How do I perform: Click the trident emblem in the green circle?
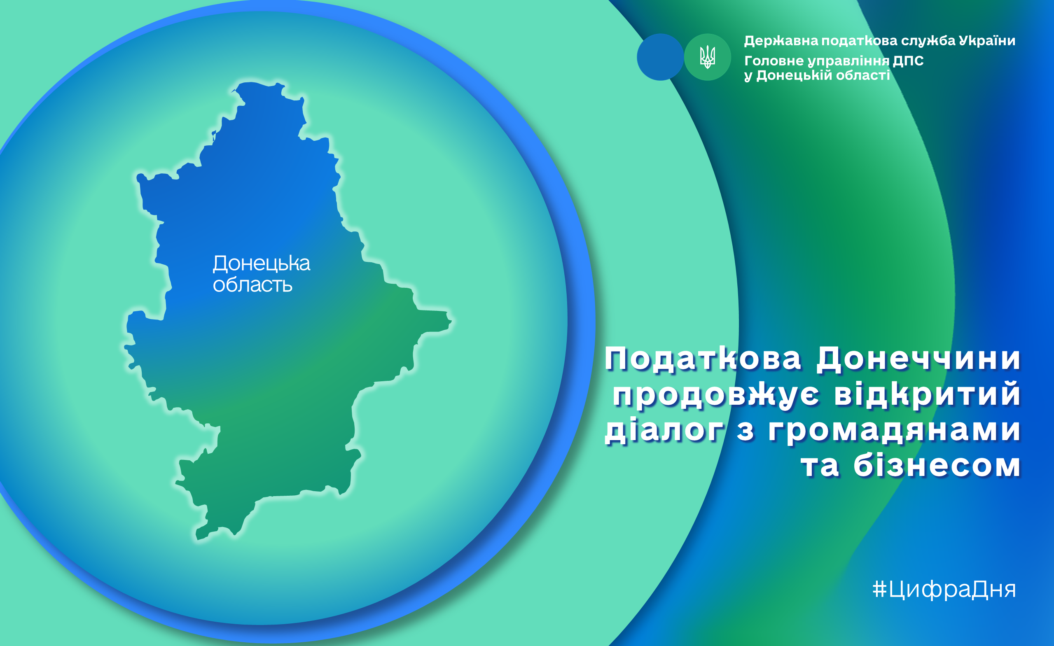click(x=708, y=57)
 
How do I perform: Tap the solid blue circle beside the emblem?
click(x=660, y=57)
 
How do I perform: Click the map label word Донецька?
click(x=262, y=264)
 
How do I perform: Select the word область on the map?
click(x=253, y=285)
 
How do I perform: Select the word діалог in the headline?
click(x=664, y=430)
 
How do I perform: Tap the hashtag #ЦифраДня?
click(x=944, y=590)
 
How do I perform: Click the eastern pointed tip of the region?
click(x=451, y=320)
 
